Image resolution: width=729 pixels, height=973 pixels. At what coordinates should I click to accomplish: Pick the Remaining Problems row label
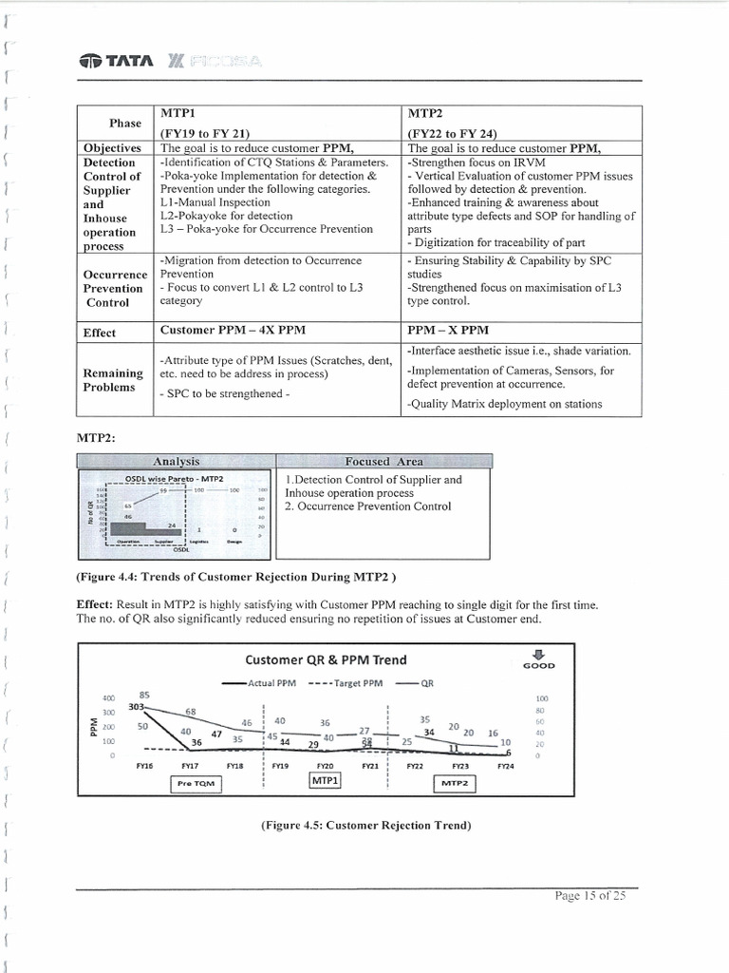point(113,380)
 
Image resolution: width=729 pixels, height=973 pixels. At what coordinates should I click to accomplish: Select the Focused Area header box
point(383,461)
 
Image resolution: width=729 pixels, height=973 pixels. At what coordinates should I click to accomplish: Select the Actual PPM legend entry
point(259,682)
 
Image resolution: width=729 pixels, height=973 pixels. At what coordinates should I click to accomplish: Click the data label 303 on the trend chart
point(136,706)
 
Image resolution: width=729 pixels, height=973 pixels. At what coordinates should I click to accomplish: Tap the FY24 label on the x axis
point(505,765)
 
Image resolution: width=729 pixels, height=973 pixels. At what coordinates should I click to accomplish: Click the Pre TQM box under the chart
point(195,783)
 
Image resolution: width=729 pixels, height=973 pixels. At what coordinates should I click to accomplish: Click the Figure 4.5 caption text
point(365,826)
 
